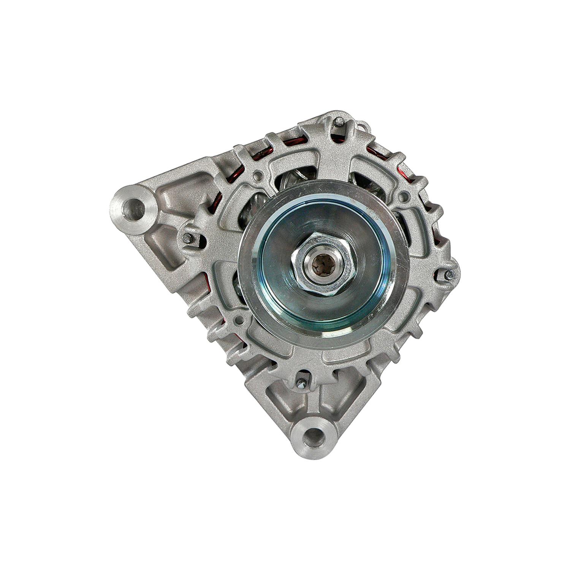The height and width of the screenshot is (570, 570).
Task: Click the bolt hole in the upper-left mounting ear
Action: pyautogui.click(x=136, y=207)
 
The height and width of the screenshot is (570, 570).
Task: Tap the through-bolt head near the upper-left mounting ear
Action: pyautogui.click(x=187, y=237)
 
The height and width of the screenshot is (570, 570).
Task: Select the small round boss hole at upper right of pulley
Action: pyautogui.click(x=405, y=196)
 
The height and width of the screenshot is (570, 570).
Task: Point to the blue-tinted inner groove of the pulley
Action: pyautogui.click(x=279, y=289)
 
